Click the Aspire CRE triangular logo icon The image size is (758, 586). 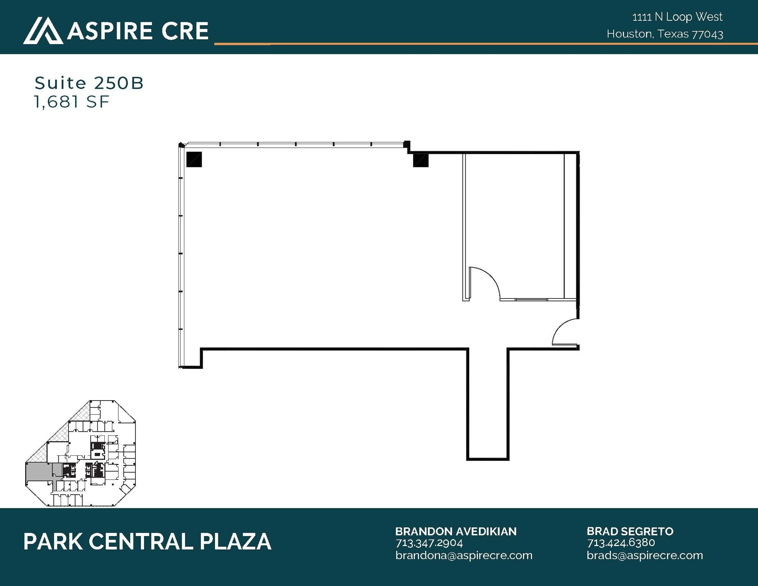pos(43,30)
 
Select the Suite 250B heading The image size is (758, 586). pos(89,83)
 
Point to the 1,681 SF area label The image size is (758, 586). pos(72,102)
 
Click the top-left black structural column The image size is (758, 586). pos(194,160)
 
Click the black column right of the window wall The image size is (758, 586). pos(420,160)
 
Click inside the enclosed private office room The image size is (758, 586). pos(514,222)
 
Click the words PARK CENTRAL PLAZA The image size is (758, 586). pos(147,542)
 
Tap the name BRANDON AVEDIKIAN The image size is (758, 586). pos(456,531)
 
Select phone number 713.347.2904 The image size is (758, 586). pos(429,543)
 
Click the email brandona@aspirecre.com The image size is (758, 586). pos(463,555)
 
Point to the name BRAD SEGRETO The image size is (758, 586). pos(630,531)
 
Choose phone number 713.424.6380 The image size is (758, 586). pos(621,543)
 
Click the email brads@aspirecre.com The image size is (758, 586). pos(645,555)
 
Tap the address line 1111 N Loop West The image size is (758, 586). pos(677,17)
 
